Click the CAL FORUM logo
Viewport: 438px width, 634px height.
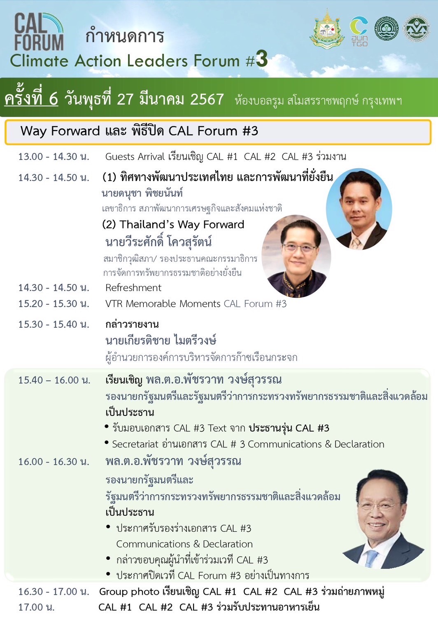(39, 32)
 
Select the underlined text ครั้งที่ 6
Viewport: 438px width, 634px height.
(31, 99)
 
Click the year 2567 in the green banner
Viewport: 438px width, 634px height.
(207, 99)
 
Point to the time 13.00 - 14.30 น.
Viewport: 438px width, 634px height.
(54, 157)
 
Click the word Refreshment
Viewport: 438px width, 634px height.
(133, 288)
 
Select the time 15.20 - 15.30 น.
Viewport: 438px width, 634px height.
(54, 304)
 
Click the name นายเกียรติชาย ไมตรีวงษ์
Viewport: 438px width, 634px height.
(161, 340)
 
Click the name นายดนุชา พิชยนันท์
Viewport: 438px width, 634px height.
(142, 193)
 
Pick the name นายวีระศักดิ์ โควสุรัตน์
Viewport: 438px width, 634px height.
(158, 242)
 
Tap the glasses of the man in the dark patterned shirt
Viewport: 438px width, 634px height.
(300, 248)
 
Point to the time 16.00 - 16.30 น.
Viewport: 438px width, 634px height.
(54, 462)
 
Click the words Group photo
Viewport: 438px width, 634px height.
(129, 592)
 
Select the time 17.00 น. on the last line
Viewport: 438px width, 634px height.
(37, 607)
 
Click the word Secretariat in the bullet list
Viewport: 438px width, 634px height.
(135, 444)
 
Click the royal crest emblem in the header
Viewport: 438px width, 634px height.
(327, 29)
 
